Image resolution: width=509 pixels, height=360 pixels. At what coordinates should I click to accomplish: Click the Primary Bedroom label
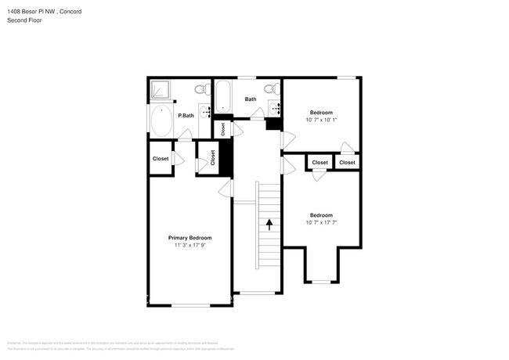pyautogui.click(x=190, y=238)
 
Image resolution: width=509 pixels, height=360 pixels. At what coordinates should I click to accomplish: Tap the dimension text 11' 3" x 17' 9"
pyautogui.click(x=190, y=246)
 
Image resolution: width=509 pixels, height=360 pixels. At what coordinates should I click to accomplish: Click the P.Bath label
pyautogui.click(x=186, y=116)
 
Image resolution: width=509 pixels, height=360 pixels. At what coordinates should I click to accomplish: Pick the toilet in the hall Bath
pyautogui.click(x=271, y=88)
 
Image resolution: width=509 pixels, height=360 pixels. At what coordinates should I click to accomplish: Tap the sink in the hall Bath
pyautogui.click(x=273, y=106)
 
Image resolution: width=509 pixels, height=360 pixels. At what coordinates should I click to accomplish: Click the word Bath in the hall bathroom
pyautogui.click(x=251, y=99)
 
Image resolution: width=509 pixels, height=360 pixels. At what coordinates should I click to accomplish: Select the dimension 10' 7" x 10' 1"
pyautogui.click(x=320, y=120)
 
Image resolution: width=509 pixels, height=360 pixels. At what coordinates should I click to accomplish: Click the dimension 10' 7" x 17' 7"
pyautogui.click(x=320, y=223)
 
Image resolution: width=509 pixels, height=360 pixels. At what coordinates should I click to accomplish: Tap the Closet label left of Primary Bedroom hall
pyautogui.click(x=161, y=159)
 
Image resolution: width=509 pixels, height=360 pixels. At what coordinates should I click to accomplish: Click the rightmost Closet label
pyautogui.click(x=347, y=163)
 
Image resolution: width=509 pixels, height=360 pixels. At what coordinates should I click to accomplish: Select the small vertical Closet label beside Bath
pyautogui.click(x=222, y=128)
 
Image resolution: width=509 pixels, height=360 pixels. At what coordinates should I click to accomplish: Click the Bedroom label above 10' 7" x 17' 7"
pyautogui.click(x=320, y=215)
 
